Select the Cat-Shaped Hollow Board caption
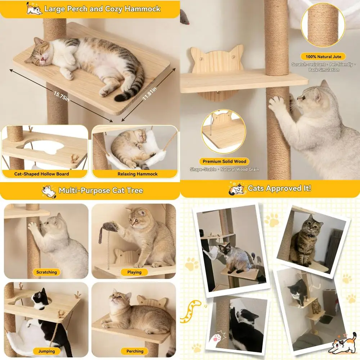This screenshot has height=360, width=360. (42, 174)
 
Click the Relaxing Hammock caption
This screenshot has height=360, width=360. (138, 174)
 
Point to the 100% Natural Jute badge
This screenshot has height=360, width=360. (323, 57)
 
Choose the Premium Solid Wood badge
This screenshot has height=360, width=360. (225, 162)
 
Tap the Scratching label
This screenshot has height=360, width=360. (46, 272)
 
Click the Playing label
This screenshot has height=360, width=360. (134, 272)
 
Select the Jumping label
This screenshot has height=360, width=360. (46, 351)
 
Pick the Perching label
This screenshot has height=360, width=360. (135, 351)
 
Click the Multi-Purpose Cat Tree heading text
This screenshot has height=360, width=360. (101, 190)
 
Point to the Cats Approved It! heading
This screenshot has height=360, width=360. (279, 188)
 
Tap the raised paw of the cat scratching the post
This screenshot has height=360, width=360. (276, 104)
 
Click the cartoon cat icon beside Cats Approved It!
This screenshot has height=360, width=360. (237, 188)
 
